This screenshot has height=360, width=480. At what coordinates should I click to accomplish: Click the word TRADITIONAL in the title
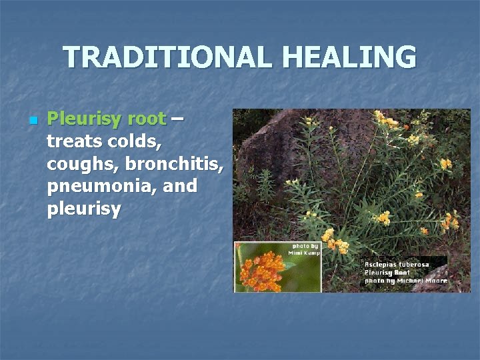(168, 57)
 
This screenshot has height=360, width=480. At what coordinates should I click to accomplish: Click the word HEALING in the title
(349, 57)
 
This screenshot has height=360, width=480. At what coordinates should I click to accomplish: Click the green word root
(146, 120)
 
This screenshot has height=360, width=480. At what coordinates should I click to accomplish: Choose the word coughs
(81, 164)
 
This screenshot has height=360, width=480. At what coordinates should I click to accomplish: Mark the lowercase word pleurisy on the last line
(84, 209)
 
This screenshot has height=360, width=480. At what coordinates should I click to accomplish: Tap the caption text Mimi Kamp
(304, 253)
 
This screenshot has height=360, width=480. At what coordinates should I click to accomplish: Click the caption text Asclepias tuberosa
(397, 265)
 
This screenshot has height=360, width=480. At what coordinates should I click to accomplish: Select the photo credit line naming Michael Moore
(405, 281)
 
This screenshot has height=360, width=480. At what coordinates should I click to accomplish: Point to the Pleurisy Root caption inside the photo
(387, 273)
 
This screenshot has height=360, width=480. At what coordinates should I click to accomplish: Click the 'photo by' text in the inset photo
(305, 246)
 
